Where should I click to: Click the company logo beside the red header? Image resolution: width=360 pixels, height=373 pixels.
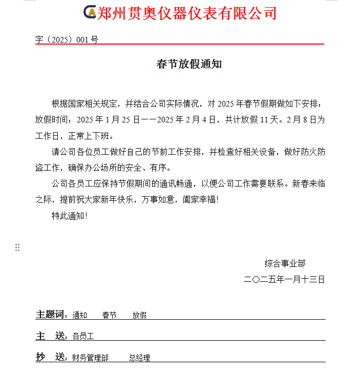click(90, 13)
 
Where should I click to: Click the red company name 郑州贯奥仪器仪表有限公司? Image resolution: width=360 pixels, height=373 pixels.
click(187, 13)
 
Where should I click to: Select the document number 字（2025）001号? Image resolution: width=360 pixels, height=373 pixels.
click(67, 39)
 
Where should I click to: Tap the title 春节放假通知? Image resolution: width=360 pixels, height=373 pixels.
click(189, 65)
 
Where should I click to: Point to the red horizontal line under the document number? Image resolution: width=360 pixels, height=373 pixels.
click(179, 45)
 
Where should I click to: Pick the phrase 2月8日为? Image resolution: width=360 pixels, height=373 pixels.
click(306, 120)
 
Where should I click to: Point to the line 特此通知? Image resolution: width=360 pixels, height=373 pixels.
click(70, 216)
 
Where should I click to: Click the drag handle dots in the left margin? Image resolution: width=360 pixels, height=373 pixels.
click(17, 247)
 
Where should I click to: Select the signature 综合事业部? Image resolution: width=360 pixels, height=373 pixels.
click(285, 263)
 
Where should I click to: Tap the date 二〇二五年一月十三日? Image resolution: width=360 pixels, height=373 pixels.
click(284, 280)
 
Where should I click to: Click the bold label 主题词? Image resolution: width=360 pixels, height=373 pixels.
click(51, 315)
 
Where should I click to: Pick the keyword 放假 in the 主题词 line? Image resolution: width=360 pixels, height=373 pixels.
click(139, 316)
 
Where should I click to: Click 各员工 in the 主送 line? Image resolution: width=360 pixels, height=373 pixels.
click(83, 337)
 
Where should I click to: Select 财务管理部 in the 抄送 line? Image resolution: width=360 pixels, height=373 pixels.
click(90, 358)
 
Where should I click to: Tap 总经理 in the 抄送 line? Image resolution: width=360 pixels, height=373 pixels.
click(139, 358)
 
